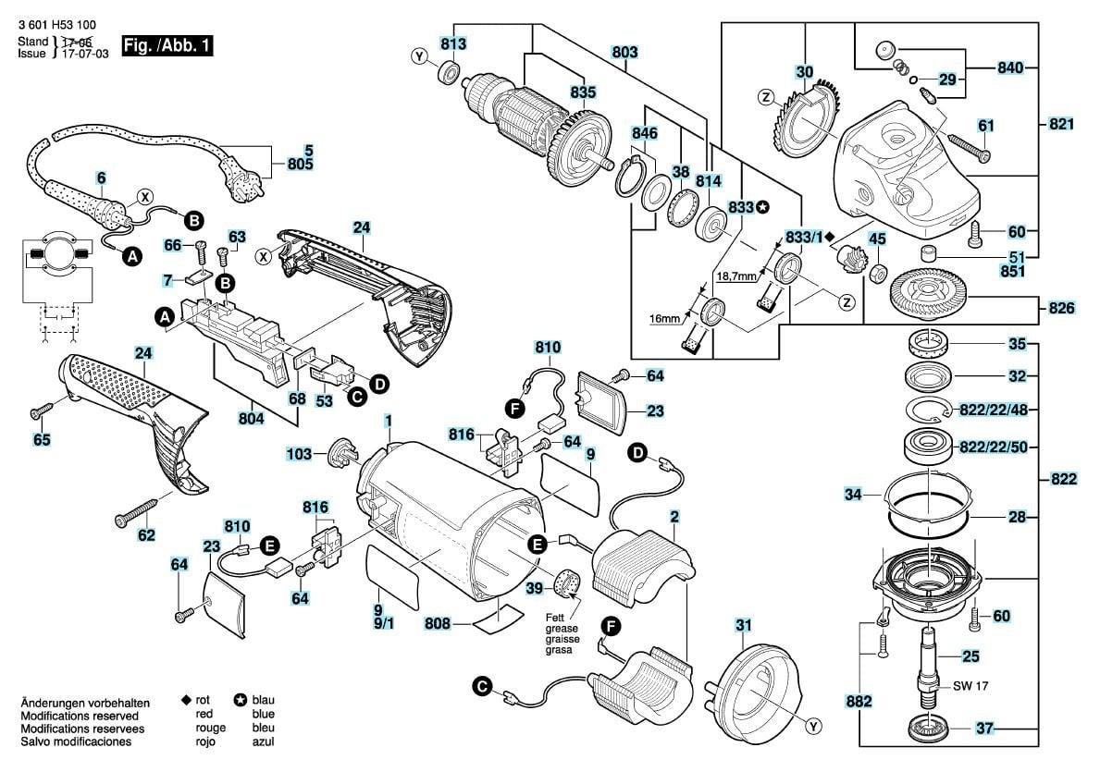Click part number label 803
[624, 53]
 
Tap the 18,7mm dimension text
[735, 276]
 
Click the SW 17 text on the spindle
[969, 688]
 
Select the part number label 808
[439, 624]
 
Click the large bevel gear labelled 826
[928, 295]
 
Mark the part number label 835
[583, 92]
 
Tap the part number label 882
[859, 703]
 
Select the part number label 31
[745, 626]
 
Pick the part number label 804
[251, 419]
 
